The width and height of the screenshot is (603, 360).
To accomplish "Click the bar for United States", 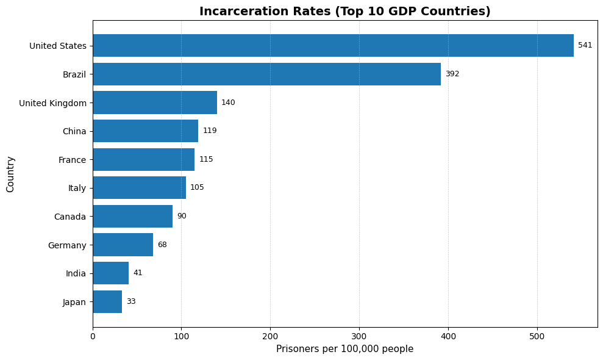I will [333, 46].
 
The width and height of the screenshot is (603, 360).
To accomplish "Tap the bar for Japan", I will [107, 301].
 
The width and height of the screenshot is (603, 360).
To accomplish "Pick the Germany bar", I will [123, 245].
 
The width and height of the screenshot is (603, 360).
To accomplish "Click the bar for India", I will [110, 273].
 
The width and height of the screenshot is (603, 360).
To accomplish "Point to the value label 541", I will [585, 46].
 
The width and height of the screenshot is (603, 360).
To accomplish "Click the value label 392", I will [452, 74].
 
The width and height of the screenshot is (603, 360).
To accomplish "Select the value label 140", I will [228, 103].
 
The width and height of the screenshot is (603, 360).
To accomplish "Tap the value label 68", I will [162, 245].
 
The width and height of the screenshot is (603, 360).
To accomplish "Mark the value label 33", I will [131, 301].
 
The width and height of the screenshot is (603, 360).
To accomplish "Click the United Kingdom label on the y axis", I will [52, 103].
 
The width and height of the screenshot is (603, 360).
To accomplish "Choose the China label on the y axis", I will [74, 131].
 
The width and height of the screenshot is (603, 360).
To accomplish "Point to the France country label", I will [72, 160].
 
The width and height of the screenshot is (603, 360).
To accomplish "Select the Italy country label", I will [77, 188].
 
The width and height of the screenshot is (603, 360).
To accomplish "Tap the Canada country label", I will [70, 217].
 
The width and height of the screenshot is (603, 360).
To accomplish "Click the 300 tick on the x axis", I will [359, 336].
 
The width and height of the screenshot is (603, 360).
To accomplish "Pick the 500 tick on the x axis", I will [537, 336].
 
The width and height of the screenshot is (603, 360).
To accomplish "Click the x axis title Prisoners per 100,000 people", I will [344, 349].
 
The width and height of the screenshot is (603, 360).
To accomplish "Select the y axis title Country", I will [10, 174].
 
